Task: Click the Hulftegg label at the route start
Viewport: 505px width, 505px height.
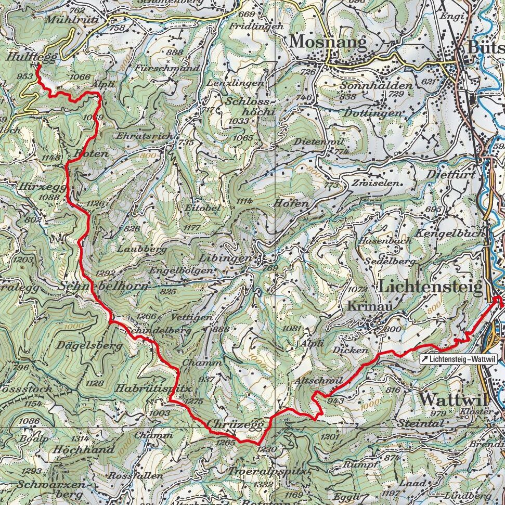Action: point(32,58)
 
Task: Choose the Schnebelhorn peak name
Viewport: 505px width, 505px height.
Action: point(104,287)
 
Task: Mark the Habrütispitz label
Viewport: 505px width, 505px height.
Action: point(154,388)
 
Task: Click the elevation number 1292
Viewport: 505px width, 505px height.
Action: point(106,273)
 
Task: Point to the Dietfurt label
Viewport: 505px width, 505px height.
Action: point(450,176)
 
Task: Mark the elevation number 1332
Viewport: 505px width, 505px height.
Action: point(264,484)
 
